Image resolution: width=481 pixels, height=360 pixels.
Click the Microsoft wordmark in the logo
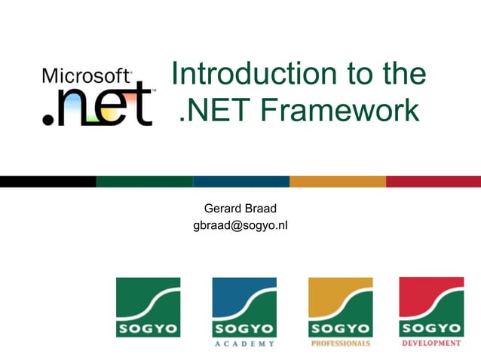[x=87, y=75]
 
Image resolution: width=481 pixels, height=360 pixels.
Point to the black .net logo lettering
[x=98, y=106]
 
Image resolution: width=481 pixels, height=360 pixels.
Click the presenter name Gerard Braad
[x=240, y=208]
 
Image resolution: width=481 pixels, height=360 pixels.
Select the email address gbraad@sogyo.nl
[x=240, y=224]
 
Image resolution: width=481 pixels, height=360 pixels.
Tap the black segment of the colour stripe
[x=48, y=182]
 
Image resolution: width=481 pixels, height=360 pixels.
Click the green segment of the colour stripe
[x=144, y=182]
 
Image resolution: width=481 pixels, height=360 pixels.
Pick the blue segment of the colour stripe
[x=240, y=182]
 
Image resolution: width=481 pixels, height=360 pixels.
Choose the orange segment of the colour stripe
[x=337, y=182]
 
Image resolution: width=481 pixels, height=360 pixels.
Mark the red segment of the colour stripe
[x=434, y=182]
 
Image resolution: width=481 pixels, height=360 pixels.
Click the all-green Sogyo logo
[x=148, y=307]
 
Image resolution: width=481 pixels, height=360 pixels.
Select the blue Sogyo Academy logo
[x=244, y=307]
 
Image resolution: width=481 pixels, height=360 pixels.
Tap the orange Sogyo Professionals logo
[x=340, y=307]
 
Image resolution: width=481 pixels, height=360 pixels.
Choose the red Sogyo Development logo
[x=431, y=307]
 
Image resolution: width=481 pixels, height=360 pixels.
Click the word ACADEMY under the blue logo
[x=244, y=343]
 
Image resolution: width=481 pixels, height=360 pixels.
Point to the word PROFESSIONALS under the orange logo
[x=340, y=343]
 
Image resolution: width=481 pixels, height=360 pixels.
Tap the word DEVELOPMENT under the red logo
[x=431, y=343]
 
